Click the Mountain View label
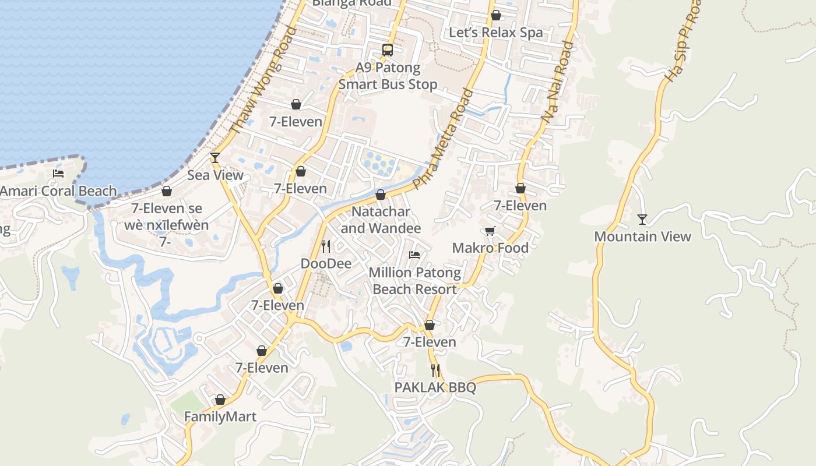pyautogui.click(x=642, y=236)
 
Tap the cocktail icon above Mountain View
pyautogui.click(x=642, y=220)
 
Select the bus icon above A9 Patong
pyautogui.click(x=388, y=50)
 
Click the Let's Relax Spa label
pyautogui.click(x=495, y=33)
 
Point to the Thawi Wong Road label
pyautogui.click(x=263, y=80)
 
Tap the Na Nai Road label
pyautogui.click(x=557, y=82)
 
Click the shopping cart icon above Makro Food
pyautogui.click(x=490, y=231)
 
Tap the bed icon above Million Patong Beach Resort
pyautogui.click(x=414, y=255)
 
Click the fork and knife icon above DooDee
pyautogui.click(x=326, y=246)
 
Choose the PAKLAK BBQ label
pyautogui.click(x=435, y=387)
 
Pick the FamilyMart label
pyautogui.click(x=220, y=417)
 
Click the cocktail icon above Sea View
pyautogui.click(x=215, y=158)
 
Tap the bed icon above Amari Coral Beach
pyautogui.click(x=58, y=174)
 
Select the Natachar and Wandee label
pyautogui.click(x=381, y=220)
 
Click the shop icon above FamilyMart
pyautogui.click(x=220, y=400)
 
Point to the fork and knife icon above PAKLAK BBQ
pyautogui.click(x=435, y=370)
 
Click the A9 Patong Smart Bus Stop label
pyautogui.click(x=388, y=76)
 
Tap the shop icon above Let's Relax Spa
pyautogui.click(x=495, y=16)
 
